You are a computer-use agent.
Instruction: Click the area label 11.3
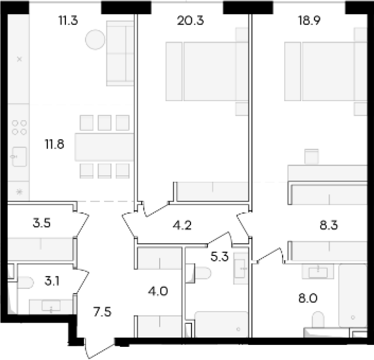pos(68,21)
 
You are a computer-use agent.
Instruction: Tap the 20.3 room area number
pos(190,21)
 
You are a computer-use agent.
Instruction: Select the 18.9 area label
pos(309,21)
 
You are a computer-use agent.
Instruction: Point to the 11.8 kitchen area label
pos(55,144)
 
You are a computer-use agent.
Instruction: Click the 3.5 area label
pos(42,223)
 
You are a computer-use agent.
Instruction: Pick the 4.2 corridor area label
pos(182,225)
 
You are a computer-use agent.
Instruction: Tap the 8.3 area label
pos(329,225)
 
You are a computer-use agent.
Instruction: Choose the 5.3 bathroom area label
pos(219,257)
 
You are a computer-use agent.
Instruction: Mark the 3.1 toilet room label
pos(52,281)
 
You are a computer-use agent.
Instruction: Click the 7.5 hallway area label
pos(103,312)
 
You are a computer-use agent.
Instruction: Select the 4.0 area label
pos(158,291)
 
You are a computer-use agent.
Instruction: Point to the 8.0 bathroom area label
pos(308,298)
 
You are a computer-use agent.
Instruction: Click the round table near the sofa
pos(95,40)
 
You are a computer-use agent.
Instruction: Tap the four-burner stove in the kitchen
pos(20,127)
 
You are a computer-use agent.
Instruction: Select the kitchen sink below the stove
pos(19,157)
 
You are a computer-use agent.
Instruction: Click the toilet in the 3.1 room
pos(25,282)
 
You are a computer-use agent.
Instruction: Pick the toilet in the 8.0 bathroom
pos(318,319)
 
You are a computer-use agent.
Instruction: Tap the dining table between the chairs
pos(104,147)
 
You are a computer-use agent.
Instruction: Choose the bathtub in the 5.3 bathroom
pos(222,324)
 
